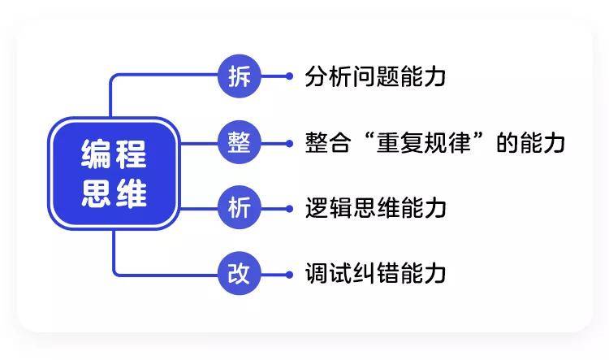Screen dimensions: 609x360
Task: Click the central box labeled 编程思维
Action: [x=114, y=173]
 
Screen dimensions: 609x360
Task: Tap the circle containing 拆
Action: [x=240, y=76]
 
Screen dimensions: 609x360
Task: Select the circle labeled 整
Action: [x=240, y=143]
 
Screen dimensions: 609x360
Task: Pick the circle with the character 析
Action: [x=240, y=208]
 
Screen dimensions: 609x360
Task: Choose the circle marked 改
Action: [x=240, y=274]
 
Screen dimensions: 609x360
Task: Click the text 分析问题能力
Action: [x=375, y=76]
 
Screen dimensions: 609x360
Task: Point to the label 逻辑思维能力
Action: [x=375, y=208]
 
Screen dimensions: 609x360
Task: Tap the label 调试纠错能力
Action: [x=375, y=274]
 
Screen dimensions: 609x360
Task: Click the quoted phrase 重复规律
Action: [x=424, y=143]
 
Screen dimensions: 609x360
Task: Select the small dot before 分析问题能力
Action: [x=289, y=76]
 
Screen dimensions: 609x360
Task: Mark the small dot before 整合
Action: [x=289, y=144]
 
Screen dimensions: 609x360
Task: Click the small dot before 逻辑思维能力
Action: [x=289, y=209]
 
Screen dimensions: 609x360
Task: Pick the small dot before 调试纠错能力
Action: [x=289, y=275]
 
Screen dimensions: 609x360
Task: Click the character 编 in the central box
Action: [x=96, y=154]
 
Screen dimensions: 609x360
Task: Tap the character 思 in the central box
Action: [x=96, y=193]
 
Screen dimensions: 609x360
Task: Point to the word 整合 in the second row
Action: [x=328, y=143]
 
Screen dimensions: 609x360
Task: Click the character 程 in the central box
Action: [x=132, y=154]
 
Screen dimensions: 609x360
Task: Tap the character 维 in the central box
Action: [x=132, y=193]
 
